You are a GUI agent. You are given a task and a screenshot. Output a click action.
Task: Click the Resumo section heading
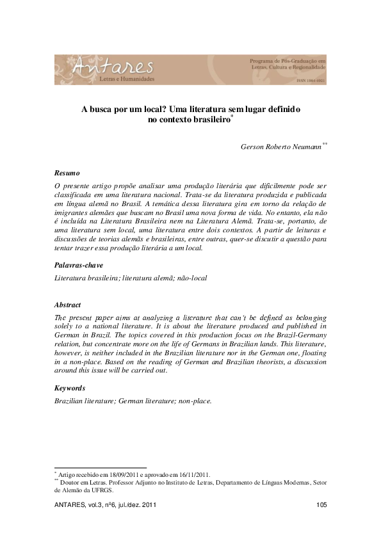[x=67, y=173]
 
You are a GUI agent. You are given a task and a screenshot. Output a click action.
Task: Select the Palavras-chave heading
[x=79, y=265]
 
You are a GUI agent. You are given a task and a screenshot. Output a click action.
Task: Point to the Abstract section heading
[x=68, y=305]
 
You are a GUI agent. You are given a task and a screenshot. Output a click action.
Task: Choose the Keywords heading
[x=70, y=388]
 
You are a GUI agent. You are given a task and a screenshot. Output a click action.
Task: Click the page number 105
[x=321, y=506]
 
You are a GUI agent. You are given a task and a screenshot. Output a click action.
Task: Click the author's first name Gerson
[x=252, y=147]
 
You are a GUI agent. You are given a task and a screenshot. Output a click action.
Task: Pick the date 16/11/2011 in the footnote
[x=191, y=475]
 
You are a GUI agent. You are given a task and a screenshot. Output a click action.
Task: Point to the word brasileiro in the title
[x=204, y=120]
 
